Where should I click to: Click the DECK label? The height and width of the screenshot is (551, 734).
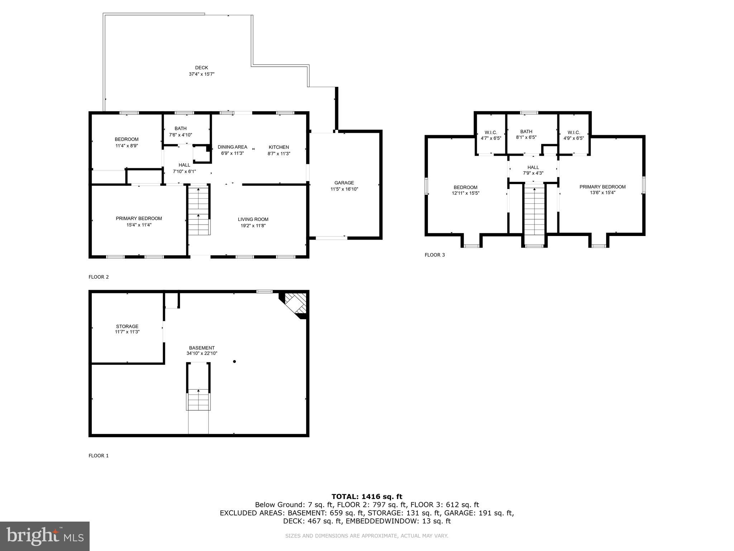pyautogui.click(x=201, y=68)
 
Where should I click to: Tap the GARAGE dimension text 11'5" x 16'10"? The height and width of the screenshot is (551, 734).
pyautogui.click(x=344, y=189)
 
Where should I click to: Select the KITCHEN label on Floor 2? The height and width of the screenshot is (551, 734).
pyautogui.click(x=278, y=147)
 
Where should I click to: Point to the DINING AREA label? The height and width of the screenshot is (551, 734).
pyautogui.click(x=232, y=147)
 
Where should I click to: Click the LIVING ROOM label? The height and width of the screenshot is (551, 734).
pyautogui.click(x=253, y=219)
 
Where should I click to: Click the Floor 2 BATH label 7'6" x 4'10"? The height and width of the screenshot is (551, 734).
pyautogui.click(x=181, y=132)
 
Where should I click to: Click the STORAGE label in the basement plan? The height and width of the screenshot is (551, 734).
pyautogui.click(x=127, y=326)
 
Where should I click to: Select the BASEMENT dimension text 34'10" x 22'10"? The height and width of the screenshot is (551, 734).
pyautogui.click(x=202, y=353)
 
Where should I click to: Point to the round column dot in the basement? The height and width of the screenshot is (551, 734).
pyautogui.click(x=234, y=362)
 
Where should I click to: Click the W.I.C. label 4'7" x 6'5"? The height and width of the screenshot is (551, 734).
pyautogui.click(x=491, y=135)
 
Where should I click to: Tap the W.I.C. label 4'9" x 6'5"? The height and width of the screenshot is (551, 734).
pyautogui.click(x=573, y=135)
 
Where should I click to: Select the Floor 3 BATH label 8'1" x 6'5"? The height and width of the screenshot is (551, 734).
pyautogui.click(x=526, y=134)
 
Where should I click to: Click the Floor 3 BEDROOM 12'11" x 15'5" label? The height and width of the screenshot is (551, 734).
pyautogui.click(x=466, y=190)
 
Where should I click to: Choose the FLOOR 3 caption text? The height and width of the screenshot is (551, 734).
pyautogui.click(x=434, y=255)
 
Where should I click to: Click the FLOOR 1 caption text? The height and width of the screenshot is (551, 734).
pyautogui.click(x=98, y=456)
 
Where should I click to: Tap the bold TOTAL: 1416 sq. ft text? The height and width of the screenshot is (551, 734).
pyautogui.click(x=367, y=496)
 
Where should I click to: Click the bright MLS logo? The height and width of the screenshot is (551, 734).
pyautogui.click(x=45, y=536)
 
